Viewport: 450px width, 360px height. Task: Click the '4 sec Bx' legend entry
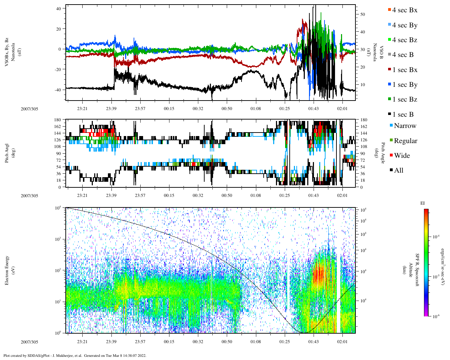pyautogui.click(x=405, y=10)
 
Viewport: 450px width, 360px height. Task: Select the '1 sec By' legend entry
pyautogui.click(x=405, y=85)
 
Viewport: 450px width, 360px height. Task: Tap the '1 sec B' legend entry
pyautogui.click(x=403, y=115)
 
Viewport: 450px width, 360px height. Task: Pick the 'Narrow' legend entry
pyautogui.click(x=405, y=126)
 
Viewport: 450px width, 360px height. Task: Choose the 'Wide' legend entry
pyautogui.click(x=402, y=156)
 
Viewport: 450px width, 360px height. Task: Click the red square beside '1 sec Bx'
pyautogui.click(x=389, y=70)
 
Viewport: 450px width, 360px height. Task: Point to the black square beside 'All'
pyautogui.click(x=391, y=171)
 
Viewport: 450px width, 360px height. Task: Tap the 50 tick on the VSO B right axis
pyautogui.click(x=362, y=14)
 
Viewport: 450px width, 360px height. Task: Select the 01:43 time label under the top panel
pyautogui.click(x=314, y=109)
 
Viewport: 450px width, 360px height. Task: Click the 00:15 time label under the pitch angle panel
pyautogui.click(x=169, y=195)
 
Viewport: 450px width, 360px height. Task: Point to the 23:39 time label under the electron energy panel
pyautogui.click(x=111, y=342)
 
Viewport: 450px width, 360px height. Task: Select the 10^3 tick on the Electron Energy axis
pyautogui.click(x=58, y=239)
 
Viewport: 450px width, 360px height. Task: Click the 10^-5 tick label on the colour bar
pyautogui.click(x=436, y=277)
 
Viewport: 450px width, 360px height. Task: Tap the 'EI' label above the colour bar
pyautogui.click(x=423, y=203)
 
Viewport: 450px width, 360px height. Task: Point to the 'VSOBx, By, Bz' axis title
pyautogui.click(x=7, y=49)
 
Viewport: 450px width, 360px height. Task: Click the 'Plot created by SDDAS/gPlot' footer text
pyautogui.click(x=75, y=355)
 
